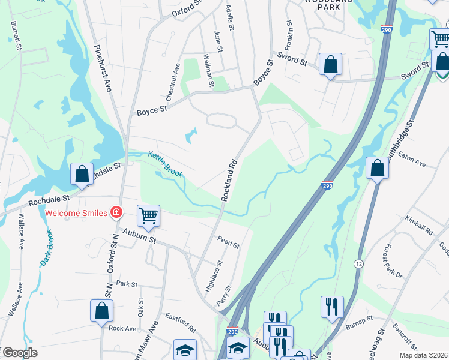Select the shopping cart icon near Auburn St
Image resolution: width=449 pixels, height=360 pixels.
pos(148,215)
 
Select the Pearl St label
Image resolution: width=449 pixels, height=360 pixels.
pos(229,242)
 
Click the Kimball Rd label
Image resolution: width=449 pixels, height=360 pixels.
pos(419,225)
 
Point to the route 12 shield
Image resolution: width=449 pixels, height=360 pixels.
pos(358,264)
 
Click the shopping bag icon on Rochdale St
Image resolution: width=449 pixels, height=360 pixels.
pos(81,173)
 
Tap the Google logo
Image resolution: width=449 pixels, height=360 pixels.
pos(22,352)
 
